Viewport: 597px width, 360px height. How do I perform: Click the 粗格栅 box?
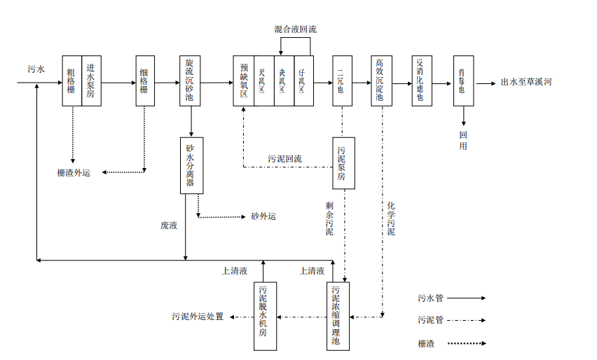(x=71, y=81)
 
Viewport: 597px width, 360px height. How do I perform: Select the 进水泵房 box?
(x=91, y=81)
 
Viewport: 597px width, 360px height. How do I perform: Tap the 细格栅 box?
(x=144, y=81)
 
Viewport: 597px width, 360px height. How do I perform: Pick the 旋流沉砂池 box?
(x=190, y=81)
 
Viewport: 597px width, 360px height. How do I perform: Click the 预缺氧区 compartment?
(x=243, y=81)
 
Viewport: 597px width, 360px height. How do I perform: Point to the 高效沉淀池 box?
(x=381, y=81)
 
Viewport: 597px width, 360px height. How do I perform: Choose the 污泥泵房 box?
(x=343, y=162)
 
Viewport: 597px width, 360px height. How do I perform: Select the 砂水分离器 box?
(x=190, y=166)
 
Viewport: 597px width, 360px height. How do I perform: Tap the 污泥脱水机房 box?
(x=264, y=316)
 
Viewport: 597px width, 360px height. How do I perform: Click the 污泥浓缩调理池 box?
(x=337, y=316)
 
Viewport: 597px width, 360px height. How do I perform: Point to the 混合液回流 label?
(x=295, y=29)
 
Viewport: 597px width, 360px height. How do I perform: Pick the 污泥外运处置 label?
(x=198, y=317)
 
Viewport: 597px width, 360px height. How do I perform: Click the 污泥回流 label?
(x=284, y=159)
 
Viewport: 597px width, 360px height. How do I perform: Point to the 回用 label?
(x=463, y=140)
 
